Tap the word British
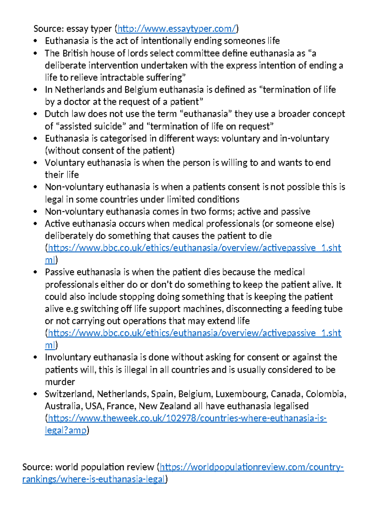75,53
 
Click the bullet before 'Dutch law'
36,114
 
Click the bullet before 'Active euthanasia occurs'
36,224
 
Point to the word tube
334,309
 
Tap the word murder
60,382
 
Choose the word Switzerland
70,394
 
